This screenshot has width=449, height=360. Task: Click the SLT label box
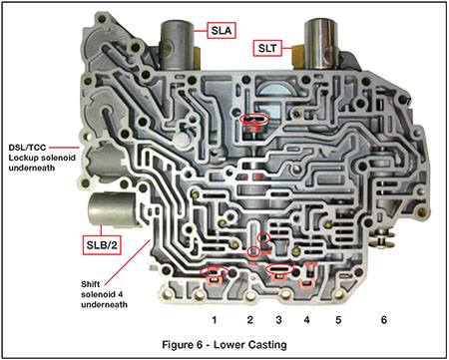pos(269,47)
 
